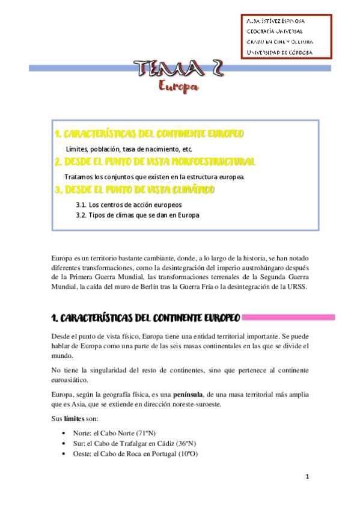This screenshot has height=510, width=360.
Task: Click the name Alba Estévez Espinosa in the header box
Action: [x=279, y=20]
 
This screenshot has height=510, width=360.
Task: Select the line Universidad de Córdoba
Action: [x=279, y=52]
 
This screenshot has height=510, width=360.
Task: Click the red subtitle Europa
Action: [x=178, y=88]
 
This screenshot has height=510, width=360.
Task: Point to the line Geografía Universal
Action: [x=275, y=31]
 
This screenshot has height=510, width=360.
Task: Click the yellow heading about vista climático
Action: [x=135, y=190]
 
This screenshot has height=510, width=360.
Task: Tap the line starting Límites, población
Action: [x=129, y=148]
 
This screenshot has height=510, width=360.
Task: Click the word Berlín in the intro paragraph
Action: [x=169, y=287]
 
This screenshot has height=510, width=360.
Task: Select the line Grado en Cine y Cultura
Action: [x=279, y=42]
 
